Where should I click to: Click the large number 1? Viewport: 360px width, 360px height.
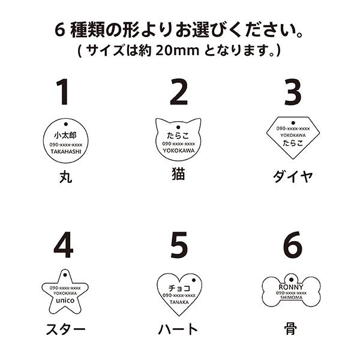pyautogui.click(x=63, y=92)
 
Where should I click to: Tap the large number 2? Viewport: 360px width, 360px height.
pyautogui.click(x=179, y=92)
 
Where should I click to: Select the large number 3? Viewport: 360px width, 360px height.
pyautogui.click(x=293, y=92)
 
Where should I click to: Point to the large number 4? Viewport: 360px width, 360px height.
pyautogui.click(x=64, y=245)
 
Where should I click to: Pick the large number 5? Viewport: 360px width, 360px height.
pyautogui.click(x=179, y=245)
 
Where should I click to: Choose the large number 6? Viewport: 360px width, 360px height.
pyautogui.click(x=293, y=245)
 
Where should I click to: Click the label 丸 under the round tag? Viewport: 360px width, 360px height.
pyautogui.click(x=65, y=177)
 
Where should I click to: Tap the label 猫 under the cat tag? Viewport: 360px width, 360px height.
pyautogui.click(x=179, y=174)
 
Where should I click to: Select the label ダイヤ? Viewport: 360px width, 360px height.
pyautogui.click(x=293, y=176)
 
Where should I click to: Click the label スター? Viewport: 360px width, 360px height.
pyautogui.click(x=65, y=329)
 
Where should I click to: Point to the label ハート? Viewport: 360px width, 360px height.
pyautogui.click(x=178, y=329)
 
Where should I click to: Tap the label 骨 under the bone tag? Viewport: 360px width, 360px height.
pyautogui.click(x=290, y=328)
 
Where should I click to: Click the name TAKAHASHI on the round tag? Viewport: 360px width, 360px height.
pyautogui.click(x=66, y=152)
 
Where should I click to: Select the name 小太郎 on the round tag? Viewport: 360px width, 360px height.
pyautogui.click(x=65, y=135)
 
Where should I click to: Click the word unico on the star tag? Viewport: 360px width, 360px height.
pyautogui.click(x=65, y=301)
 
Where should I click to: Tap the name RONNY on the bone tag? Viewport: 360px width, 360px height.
pyautogui.click(x=291, y=287)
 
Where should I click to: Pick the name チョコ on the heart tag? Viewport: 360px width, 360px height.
pyautogui.click(x=179, y=288)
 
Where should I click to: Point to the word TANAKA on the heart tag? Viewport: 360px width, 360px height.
pyautogui.click(x=179, y=302)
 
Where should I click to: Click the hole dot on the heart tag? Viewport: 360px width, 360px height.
pyautogui.click(x=194, y=280)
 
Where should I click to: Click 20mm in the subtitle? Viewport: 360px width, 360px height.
pyautogui.click(x=177, y=50)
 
